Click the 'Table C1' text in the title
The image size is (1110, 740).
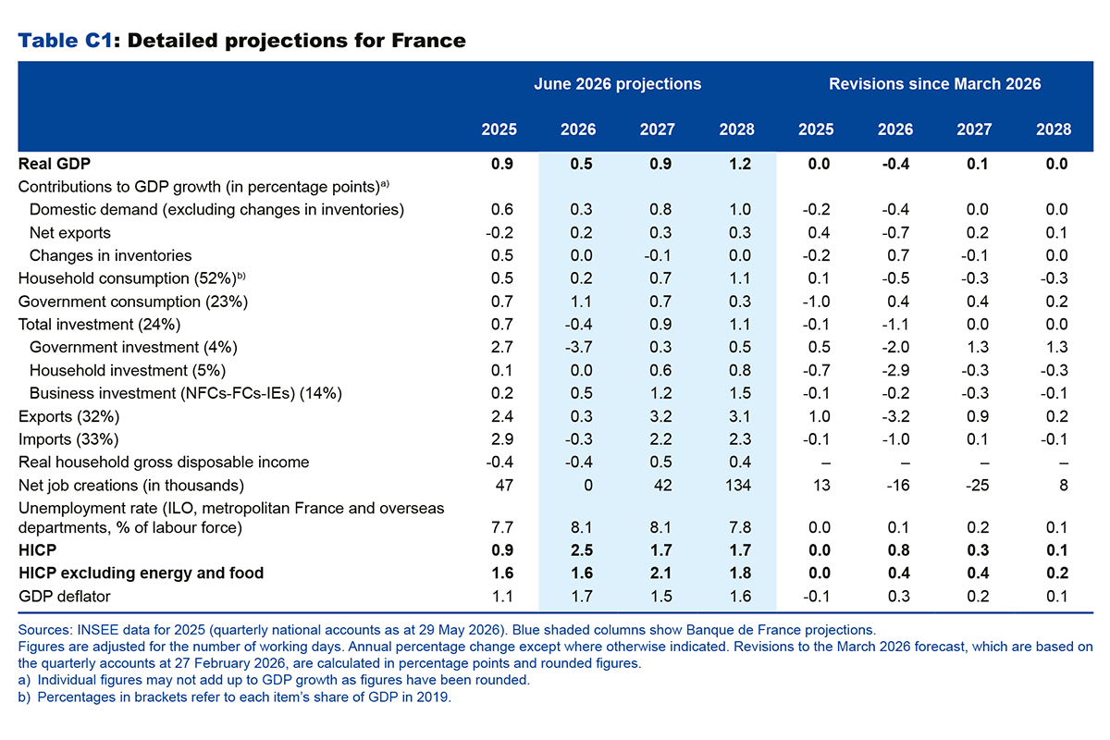(66, 41)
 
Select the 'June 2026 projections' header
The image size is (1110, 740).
(618, 84)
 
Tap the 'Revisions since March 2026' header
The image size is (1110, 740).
(934, 84)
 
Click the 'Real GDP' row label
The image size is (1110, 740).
(55, 164)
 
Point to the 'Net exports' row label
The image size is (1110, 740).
(70, 232)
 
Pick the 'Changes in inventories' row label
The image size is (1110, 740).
(110, 255)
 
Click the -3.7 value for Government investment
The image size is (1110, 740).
(578, 347)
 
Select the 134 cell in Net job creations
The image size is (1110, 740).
(738, 485)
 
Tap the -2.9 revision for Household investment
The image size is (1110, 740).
(895, 370)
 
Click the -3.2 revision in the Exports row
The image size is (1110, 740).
(895, 416)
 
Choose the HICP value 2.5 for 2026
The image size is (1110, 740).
(581, 550)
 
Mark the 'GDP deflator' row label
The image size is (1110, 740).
(65, 596)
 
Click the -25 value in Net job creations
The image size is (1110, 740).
(977, 485)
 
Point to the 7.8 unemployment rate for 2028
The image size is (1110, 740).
(740, 527)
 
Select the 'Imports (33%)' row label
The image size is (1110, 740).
(68, 439)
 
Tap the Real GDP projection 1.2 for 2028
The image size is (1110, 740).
(740, 164)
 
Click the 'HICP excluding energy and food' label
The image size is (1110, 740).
(142, 573)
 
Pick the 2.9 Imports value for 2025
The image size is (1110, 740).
(502, 439)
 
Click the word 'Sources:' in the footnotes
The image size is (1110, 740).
(45, 630)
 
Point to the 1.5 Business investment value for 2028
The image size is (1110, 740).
(740, 393)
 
